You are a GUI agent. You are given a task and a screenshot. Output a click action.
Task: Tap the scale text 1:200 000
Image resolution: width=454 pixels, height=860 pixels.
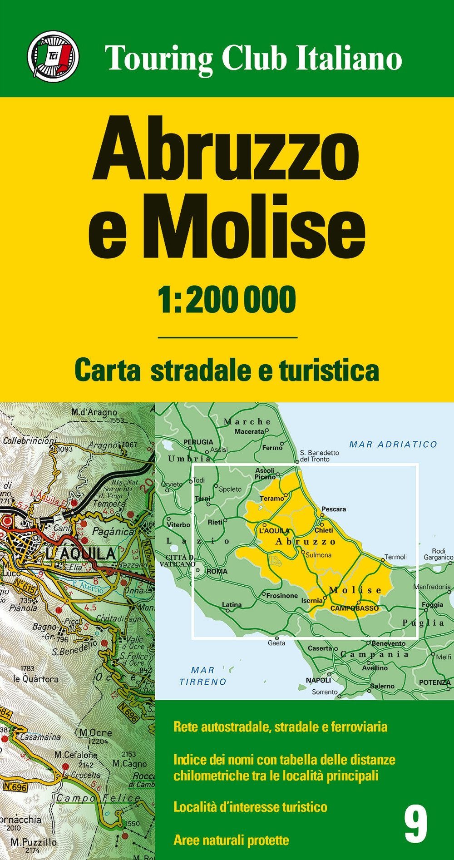coord(227,300)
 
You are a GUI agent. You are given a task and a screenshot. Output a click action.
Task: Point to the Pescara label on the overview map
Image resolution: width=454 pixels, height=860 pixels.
coord(334,509)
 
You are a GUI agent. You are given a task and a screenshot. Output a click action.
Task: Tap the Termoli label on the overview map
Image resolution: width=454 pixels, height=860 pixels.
coord(395,557)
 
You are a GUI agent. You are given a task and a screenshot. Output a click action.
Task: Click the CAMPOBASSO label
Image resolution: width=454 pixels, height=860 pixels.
coord(354,608)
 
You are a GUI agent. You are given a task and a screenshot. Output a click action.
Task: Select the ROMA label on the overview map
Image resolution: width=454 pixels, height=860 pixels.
coord(217,571)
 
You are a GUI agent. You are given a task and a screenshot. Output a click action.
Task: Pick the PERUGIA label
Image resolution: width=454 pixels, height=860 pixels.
coord(198,442)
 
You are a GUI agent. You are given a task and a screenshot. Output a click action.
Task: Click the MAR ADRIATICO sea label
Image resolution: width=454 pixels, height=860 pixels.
coord(393,445)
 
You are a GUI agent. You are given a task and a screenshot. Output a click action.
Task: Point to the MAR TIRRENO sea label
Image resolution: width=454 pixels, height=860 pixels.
coord(203,676)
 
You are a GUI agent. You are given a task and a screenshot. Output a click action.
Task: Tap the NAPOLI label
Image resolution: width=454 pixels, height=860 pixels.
coord(318,680)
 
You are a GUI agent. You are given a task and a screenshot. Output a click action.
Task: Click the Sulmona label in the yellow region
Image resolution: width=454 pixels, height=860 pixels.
coord(319,555)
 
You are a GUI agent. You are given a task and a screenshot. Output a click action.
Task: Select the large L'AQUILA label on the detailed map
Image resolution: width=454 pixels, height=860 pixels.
coord(80,554)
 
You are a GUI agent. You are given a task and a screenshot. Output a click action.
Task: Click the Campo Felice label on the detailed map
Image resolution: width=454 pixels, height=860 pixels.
coord(99,798)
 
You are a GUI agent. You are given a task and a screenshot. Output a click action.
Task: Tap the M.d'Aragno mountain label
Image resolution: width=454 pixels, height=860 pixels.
coord(94,413)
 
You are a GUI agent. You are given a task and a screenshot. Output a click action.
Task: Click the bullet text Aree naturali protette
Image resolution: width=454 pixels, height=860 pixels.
coord(231,840)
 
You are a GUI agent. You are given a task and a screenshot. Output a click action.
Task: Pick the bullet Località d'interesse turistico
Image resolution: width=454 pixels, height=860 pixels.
coord(250,807)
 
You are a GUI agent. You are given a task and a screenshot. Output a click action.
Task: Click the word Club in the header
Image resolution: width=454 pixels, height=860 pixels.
coord(254,58)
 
